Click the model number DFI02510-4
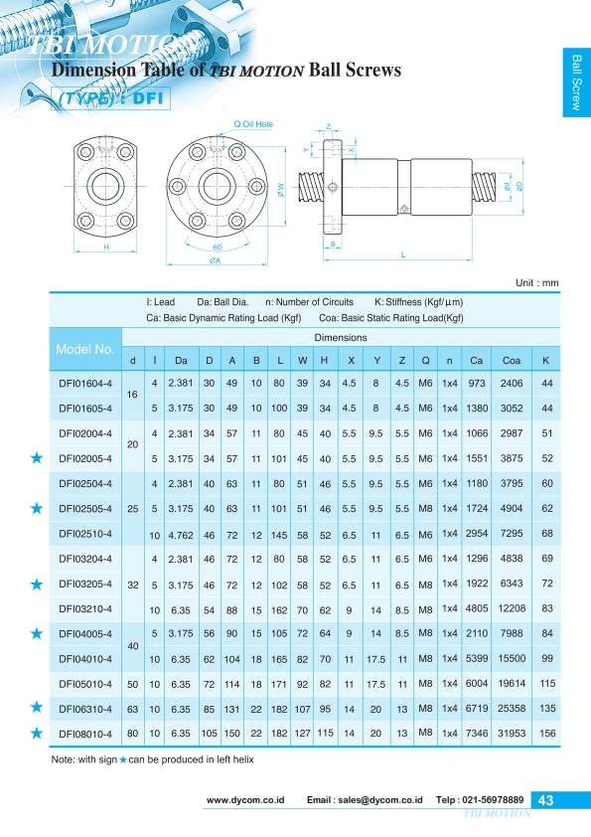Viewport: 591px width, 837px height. pyautogui.click(x=85, y=534)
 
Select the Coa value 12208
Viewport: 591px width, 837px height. pyautogui.click(x=512, y=608)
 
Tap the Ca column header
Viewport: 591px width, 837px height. pyautogui.click(x=477, y=360)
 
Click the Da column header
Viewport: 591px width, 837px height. pyautogui.click(x=181, y=360)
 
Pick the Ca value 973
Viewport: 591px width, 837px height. pyautogui.click(x=477, y=384)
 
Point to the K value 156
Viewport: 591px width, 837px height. pyautogui.click(x=547, y=734)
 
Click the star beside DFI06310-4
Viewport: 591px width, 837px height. pyautogui.click(x=37, y=708)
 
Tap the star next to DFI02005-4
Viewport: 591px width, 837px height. pyautogui.click(x=37, y=457)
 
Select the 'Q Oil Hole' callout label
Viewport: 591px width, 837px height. pyautogui.click(x=253, y=124)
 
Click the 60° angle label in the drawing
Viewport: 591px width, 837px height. pyautogui.click(x=218, y=248)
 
